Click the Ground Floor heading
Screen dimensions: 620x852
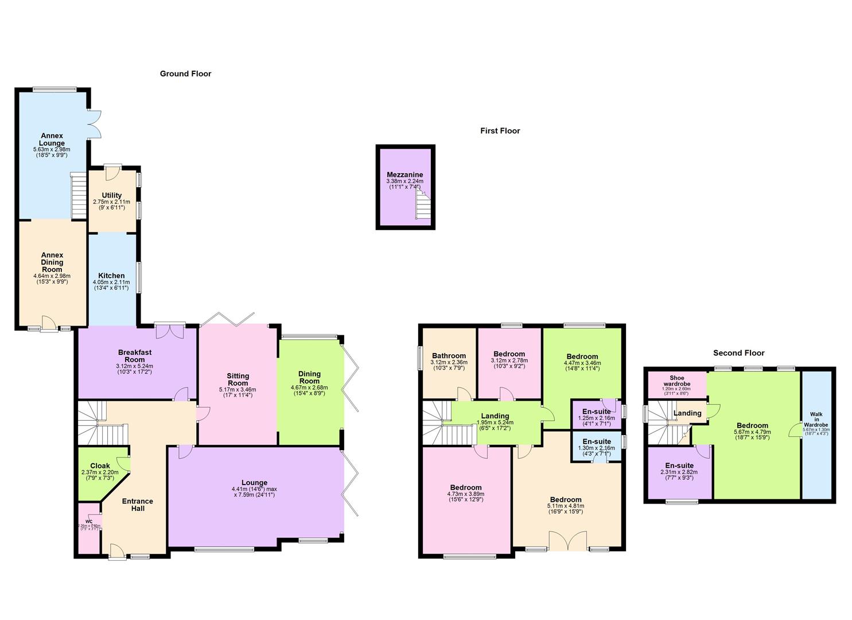(x=185, y=73)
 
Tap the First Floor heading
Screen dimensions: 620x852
(x=500, y=131)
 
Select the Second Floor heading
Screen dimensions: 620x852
(x=738, y=353)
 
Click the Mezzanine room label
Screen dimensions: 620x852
(x=404, y=175)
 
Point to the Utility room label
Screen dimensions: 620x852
(x=111, y=196)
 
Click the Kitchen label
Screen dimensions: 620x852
(x=111, y=276)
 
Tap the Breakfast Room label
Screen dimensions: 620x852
(x=135, y=356)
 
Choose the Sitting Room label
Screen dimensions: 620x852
(x=238, y=379)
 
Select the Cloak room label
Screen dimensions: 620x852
(x=100, y=466)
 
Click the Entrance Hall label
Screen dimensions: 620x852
(x=138, y=505)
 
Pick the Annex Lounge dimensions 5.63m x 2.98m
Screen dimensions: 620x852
(x=52, y=150)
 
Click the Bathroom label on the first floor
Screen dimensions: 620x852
(x=449, y=355)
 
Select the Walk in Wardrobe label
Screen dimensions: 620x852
(x=815, y=419)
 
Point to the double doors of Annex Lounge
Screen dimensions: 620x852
(x=95, y=123)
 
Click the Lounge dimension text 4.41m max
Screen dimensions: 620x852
(x=254, y=489)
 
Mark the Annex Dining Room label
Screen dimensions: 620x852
(x=52, y=262)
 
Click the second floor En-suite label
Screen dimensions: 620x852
(x=679, y=466)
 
